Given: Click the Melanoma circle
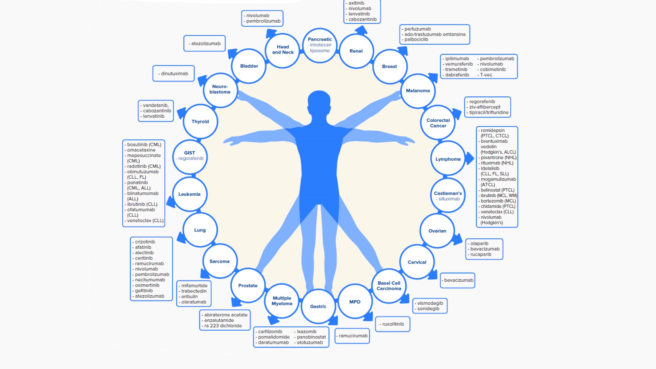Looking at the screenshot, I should point(418,91).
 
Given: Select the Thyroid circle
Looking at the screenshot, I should point(200,121).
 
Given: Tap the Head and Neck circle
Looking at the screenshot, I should point(283,50).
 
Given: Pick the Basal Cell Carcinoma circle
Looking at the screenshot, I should point(389,286).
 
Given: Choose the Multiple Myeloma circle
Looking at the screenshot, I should point(282,301).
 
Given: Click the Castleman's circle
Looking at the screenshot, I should point(448,196).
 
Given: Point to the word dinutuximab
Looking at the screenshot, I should point(174,73).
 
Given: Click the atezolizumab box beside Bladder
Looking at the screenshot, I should point(205,44).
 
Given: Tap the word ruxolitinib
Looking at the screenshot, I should point(393,324).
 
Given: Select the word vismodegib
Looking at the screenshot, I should point(430,303).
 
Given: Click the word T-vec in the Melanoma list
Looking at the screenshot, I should point(486,75).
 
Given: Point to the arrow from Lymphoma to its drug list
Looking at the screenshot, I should point(470,158).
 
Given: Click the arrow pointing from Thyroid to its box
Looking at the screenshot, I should point(181,113).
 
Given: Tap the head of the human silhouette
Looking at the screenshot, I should point(319,101).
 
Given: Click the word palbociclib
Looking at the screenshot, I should point(416,39).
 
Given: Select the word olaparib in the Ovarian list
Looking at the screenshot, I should point(479,244).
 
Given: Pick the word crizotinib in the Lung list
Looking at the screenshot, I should point(145,242).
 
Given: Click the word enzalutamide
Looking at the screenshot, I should point(219,320).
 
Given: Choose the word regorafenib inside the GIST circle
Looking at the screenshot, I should point(191,158).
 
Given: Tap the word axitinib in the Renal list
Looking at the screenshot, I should point(356,3).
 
